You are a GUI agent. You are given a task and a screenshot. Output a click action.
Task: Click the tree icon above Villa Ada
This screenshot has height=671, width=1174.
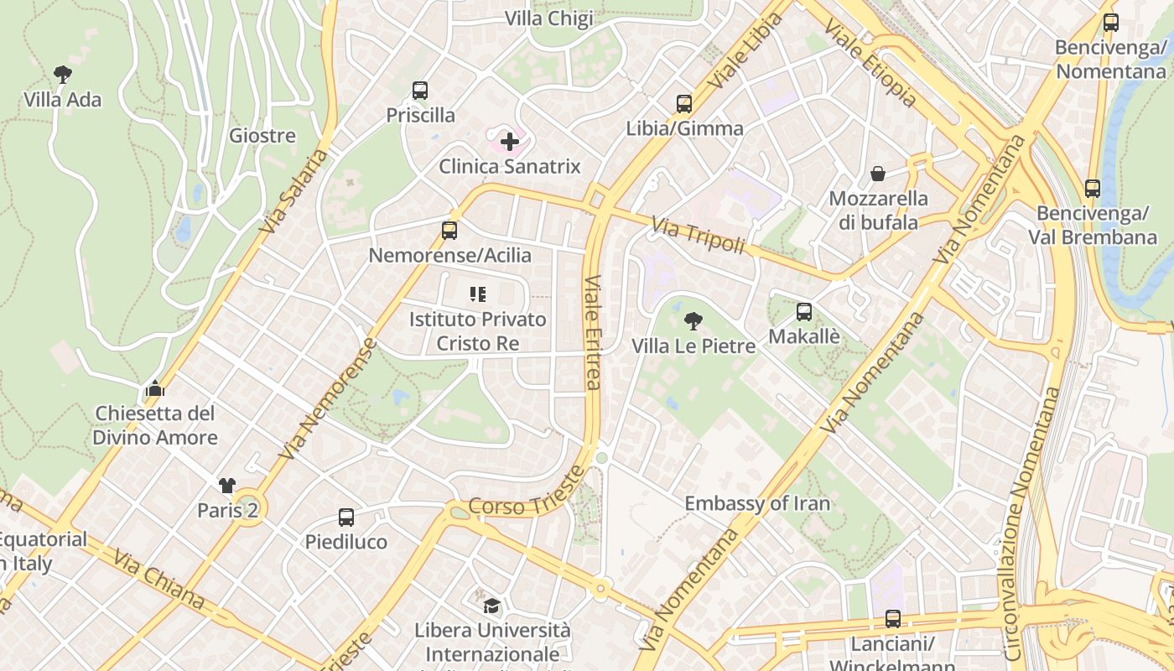62,74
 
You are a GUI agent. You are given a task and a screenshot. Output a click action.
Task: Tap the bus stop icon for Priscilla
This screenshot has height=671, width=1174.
420,90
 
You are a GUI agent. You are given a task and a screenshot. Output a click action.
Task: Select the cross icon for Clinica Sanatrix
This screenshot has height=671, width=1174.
509,141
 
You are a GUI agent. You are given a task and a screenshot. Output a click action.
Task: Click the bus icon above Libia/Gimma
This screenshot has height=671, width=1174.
684,104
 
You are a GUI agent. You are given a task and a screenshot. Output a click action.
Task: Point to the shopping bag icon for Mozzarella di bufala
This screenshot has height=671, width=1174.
877,174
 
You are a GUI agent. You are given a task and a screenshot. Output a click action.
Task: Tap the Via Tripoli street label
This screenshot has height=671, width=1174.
698,235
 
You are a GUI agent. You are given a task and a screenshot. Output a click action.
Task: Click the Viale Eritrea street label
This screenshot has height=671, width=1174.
592,332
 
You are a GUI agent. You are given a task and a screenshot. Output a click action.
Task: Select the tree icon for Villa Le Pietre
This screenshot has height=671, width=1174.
693,320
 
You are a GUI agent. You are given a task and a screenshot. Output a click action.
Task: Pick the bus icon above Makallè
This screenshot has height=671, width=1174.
803,312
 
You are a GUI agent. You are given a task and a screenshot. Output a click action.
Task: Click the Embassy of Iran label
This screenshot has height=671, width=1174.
757,503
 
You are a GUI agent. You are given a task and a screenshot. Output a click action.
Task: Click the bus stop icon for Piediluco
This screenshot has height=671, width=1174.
345,518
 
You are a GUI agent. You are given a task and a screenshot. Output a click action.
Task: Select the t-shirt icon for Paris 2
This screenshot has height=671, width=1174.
227,485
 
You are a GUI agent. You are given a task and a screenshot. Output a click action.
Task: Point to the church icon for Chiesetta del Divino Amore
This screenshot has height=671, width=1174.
154,388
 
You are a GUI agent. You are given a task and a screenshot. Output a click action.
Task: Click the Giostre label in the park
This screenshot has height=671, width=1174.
262,135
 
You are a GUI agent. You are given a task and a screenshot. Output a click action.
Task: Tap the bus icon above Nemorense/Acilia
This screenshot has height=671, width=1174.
449,230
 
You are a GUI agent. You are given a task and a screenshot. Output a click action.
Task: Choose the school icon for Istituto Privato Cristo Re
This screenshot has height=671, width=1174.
478,294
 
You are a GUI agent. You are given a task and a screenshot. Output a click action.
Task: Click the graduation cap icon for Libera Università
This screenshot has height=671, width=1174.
491,604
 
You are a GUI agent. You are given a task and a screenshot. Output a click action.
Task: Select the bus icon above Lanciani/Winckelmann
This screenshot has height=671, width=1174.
892,619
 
